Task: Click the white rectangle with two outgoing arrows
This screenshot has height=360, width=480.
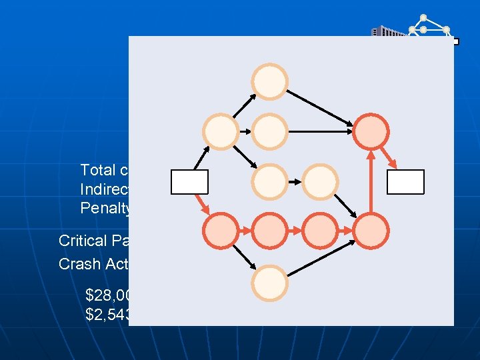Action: coord(189,182)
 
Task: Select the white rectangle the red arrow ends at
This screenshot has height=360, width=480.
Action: coord(407,182)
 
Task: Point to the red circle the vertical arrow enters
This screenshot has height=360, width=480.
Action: coord(371,131)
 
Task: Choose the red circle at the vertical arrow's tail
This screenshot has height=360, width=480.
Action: coord(371,230)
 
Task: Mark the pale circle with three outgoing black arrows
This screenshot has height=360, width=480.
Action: coord(221,131)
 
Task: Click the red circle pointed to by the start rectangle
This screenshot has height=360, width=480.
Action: coord(221,230)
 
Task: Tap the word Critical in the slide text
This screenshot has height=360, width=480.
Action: coord(83,241)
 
